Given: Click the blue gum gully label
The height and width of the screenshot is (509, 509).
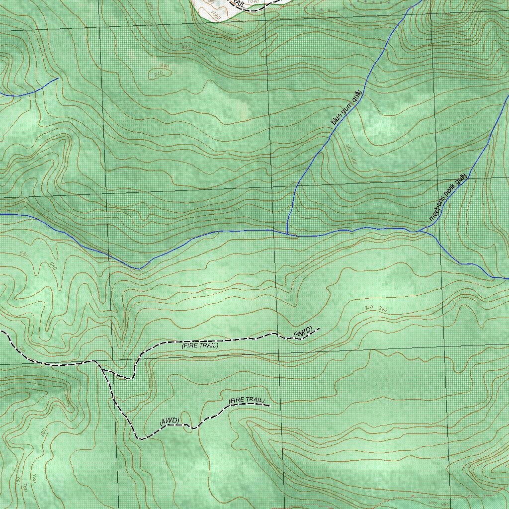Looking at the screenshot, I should pyautogui.click(x=346, y=107).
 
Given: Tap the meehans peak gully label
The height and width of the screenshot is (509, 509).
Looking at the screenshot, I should pyautogui.click(x=447, y=197).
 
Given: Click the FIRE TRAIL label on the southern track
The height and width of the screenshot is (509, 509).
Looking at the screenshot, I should pyautogui.click(x=247, y=400).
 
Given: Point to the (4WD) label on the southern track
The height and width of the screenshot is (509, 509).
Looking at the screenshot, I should pyautogui.click(x=170, y=421).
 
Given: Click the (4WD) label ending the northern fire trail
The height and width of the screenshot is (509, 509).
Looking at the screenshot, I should pyautogui.click(x=304, y=332).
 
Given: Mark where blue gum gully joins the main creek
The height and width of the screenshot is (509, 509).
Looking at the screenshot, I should pyautogui.click(x=287, y=233).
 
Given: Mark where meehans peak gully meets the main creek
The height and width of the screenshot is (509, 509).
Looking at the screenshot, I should pyautogui.click(x=421, y=231).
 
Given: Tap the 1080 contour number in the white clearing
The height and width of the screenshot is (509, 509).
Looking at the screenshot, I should pyautogui.click(x=215, y=15).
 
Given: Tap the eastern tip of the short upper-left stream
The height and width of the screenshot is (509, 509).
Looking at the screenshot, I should pyautogui.click(x=59, y=78).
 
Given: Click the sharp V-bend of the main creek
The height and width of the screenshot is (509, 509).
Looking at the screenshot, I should pyautogui.click(x=139, y=269).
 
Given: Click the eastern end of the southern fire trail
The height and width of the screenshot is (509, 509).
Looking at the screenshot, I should pyautogui.click(x=269, y=406).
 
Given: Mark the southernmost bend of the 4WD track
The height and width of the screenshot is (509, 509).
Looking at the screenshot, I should pyautogui.click(x=140, y=439).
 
